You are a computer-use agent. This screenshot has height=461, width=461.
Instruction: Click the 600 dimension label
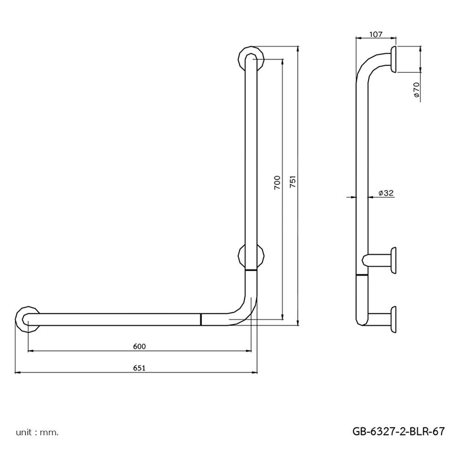[139, 346]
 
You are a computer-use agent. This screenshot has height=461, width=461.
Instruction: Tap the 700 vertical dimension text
[277, 183]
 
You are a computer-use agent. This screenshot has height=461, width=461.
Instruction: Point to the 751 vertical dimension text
[292, 183]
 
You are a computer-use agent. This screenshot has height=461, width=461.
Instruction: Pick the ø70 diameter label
[416, 89]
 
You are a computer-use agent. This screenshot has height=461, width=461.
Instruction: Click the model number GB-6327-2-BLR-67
[398, 431]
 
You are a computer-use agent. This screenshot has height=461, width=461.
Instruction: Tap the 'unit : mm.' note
[37, 432]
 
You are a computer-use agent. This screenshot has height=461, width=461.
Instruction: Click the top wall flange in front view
[251, 59]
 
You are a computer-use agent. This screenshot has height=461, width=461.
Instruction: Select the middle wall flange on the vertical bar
[251, 256]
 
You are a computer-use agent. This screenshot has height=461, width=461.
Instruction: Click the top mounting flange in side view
[393, 59]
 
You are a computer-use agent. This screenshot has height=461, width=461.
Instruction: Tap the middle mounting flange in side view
[393, 260]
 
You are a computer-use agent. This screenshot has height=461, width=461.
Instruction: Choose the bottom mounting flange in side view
[393, 319]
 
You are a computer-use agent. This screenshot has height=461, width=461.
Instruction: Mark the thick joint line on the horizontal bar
[201, 319]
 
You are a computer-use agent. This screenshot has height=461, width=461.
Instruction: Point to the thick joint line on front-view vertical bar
[251, 270]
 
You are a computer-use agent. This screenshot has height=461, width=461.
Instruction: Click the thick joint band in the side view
[362, 275]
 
